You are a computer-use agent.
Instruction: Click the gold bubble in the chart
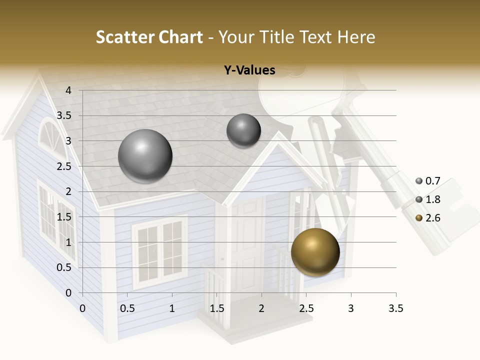315,252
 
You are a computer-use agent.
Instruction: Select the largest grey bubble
145,156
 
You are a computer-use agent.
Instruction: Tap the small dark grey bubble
243,130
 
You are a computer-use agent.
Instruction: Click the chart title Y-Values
249,70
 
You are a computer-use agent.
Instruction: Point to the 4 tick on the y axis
69,90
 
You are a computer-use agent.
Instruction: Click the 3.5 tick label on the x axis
395,308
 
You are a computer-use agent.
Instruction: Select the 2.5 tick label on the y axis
64,166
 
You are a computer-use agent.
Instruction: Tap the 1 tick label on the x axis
172,308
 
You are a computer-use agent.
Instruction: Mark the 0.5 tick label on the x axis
127,308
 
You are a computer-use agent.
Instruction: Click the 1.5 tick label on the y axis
64,217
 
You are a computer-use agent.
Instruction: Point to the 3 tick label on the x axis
351,308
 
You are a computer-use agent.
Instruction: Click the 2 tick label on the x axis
261,308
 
